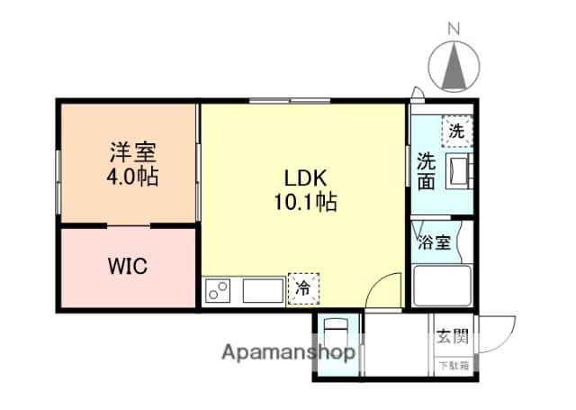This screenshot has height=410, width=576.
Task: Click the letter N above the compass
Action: click(x=454, y=28)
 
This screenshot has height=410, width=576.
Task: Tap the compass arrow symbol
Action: click(x=454, y=68)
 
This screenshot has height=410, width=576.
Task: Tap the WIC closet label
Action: click(x=127, y=268)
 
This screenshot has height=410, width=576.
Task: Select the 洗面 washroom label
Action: click(x=426, y=171)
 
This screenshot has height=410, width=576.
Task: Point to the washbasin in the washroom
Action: click(x=457, y=170)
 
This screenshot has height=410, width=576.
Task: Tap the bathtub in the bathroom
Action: click(x=440, y=287)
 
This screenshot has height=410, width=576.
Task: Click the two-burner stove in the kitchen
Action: click(x=219, y=290)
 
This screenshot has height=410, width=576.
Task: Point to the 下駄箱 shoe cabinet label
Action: click(x=453, y=365)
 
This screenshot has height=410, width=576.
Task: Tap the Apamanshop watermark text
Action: click(x=288, y=352)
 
